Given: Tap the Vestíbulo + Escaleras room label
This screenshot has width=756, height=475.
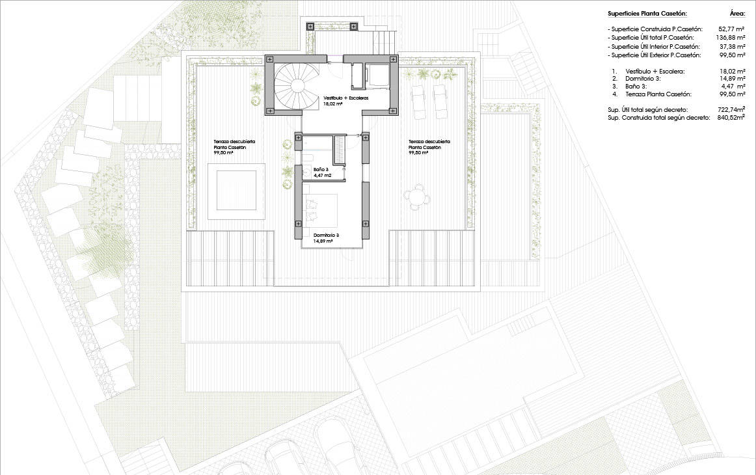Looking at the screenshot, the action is [x=346, y=98].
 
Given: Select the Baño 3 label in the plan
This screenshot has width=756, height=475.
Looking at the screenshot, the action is [x=321, y=170].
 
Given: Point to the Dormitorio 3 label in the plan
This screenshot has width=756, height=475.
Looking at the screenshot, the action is [x=326, y=236].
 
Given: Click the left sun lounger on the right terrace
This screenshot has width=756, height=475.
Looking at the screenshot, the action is [x=418, y=102].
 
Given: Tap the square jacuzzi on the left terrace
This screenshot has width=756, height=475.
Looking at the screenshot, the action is [x=236, y=191].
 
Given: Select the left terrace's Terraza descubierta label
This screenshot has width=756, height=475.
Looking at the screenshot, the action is [x=235, y=144].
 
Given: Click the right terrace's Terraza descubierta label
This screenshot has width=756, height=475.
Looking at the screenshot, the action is [x=429, y=144].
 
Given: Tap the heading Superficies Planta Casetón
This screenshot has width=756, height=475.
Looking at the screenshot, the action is [x=647, y=14].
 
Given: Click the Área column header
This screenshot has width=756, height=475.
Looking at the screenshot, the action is [x=738, y=14].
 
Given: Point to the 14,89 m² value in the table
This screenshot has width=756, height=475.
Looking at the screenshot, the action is [x=733, y=79].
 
